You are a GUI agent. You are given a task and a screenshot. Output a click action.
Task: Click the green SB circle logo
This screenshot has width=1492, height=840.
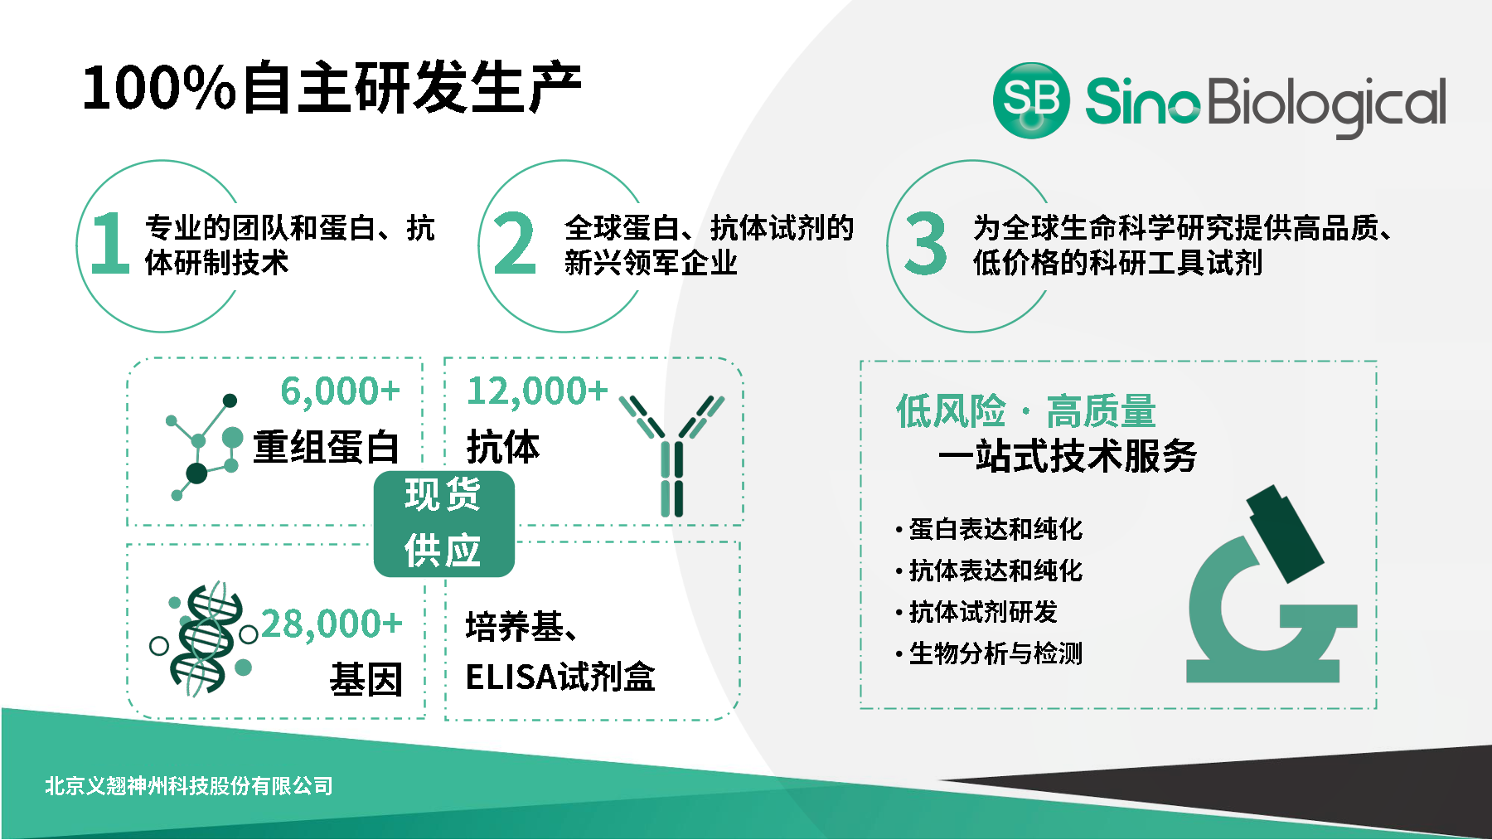click(x=1030, y=100)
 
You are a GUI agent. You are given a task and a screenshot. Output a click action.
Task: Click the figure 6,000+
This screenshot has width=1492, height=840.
click(x=340, y=391)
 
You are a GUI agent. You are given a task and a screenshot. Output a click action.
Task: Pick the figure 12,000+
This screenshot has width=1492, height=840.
click(x=537, y=391)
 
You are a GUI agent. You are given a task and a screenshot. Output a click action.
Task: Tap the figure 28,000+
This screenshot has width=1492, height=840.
click(x=332, y=624)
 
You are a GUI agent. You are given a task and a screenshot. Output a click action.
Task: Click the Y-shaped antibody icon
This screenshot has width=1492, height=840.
click(x=672, y=455)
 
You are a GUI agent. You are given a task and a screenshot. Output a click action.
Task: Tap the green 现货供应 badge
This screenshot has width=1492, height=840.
click(x=443, y=523)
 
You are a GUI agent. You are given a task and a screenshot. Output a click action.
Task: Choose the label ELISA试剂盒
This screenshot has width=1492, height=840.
click(x=560, y=677)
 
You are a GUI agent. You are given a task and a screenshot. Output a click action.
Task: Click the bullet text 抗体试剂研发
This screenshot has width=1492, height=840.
click(x=983, y=612)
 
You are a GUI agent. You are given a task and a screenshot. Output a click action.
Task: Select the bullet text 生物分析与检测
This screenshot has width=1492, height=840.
click(x=995, y=653)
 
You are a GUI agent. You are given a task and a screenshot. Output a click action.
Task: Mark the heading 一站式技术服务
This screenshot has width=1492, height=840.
click(x=1068, y=456)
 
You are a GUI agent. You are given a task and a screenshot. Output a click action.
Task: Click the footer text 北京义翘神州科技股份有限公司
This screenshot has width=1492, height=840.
click(x=189, y=785)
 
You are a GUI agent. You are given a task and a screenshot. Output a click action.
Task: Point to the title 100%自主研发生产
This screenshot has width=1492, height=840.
click(x=332, y=87)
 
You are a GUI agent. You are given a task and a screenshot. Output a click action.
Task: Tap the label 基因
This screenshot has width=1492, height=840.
click(x=366, y=680)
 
